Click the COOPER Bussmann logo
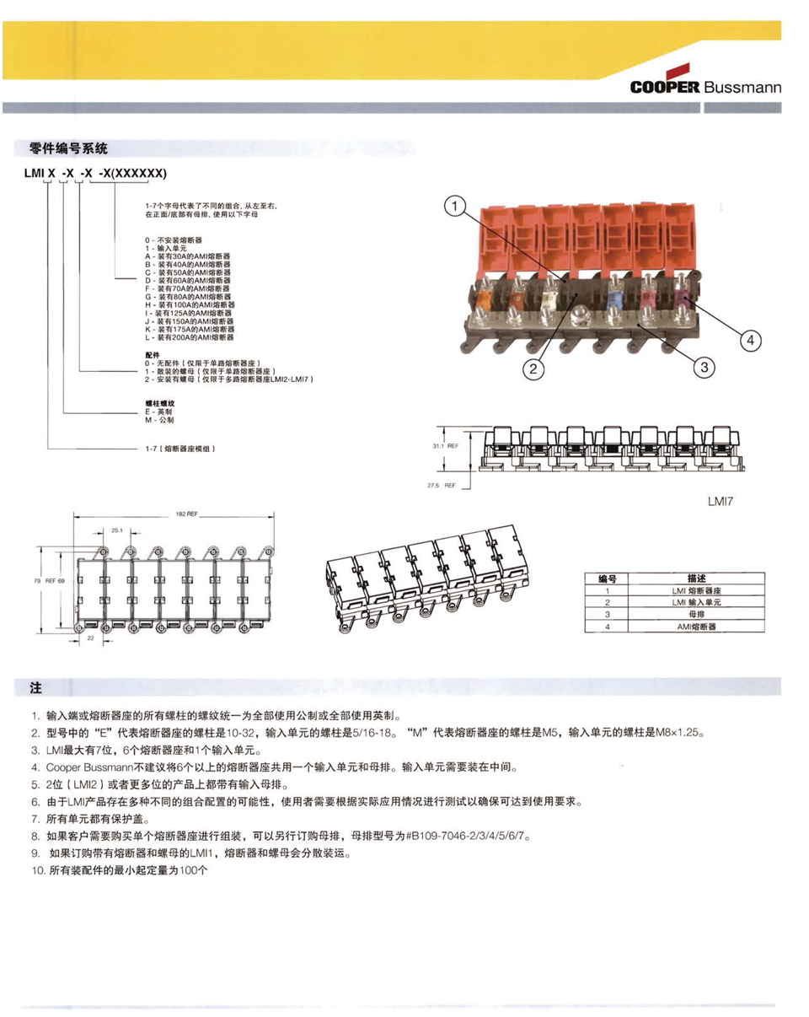pyautogui.click(x=705, y=86)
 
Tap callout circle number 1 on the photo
pyautogui.click(x=455, y=206)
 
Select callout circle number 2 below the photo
pyautogui.click(x=533, y=367)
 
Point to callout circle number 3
pyautogui.click(x=704, y=367)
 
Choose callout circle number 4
pyautogui.click(x=751, y=341)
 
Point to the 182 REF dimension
pyautogui.click(x=187, y=514)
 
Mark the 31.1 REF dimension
pyautogui.click(x=444, y=446)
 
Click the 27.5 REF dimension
pyautogui.click(x=443, y=486)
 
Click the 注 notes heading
pyautogui.click(x=35, y=687)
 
